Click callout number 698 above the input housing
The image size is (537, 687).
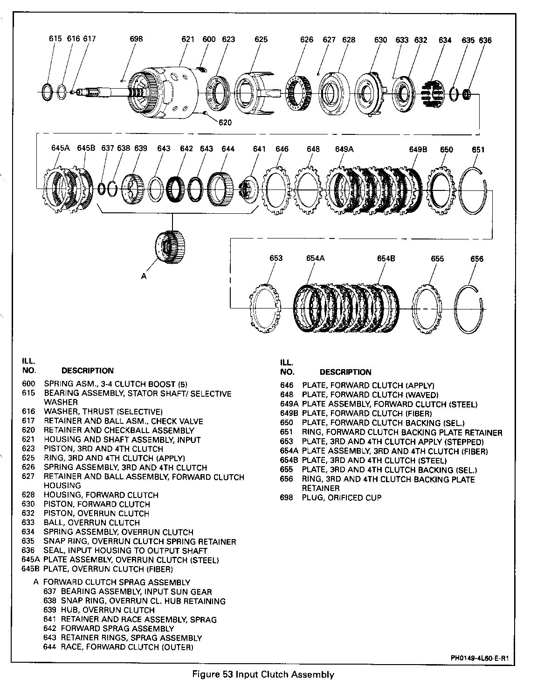click(136, 39)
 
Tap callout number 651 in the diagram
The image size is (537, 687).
click(478, 150)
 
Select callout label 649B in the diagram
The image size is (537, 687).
click(418, 149)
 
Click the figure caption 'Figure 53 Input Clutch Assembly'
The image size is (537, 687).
click(263, 674)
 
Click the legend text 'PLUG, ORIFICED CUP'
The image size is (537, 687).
click(342, 498)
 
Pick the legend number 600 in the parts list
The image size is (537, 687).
click(28, 384)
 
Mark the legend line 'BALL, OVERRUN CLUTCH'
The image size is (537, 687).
click(92, 523)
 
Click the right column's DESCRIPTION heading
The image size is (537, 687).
click(345, 372)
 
